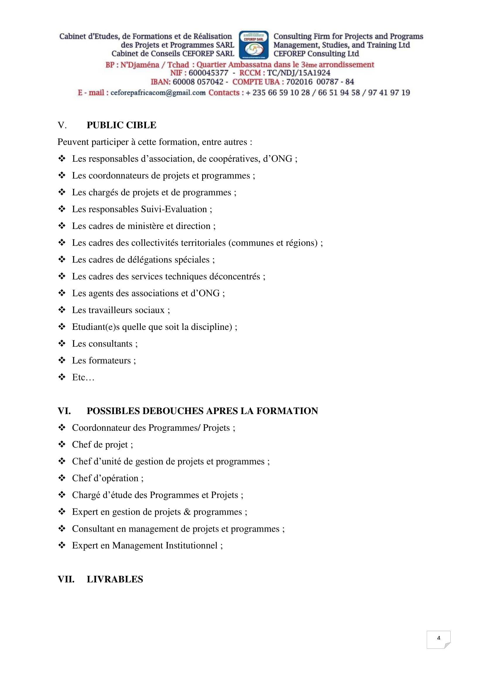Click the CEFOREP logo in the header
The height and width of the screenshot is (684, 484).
pyautogui.click(x=254, y=45)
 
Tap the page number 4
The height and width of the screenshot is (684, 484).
pyautogui.click(x=438, y=638)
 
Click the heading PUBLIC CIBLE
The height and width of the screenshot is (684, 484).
pyautogui.click(x=121, y=125)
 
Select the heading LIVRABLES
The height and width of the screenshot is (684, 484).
pyautogui.click(x=115, y=579)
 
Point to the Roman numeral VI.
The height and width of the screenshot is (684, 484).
pyautogui.click(x=64, y=411)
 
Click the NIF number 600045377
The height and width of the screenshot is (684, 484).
pyautogui.click(x=208, y=73)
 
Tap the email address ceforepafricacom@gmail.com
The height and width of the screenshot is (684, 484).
pyautogui.click(x=158, y=93)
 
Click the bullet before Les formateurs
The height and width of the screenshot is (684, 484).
pyautogui.click(x=62, y=361)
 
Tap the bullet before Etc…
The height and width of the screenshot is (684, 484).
pyautogui.click(x=62, y=378)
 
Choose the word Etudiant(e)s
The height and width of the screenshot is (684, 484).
pyautogui.click(x=96, y=327)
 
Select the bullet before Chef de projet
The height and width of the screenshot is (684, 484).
pyautogui.click(x=62, y=444)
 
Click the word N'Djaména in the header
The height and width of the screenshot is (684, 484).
pyautogui.click(x=140, y=65)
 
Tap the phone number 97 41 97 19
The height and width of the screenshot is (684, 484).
pyautogui.click(x=389, y=93)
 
